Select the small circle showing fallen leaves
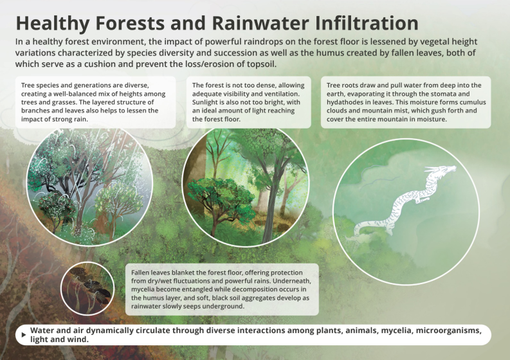[87, 287]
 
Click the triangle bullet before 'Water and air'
[24, 334]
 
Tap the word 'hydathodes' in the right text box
[347, 102]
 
